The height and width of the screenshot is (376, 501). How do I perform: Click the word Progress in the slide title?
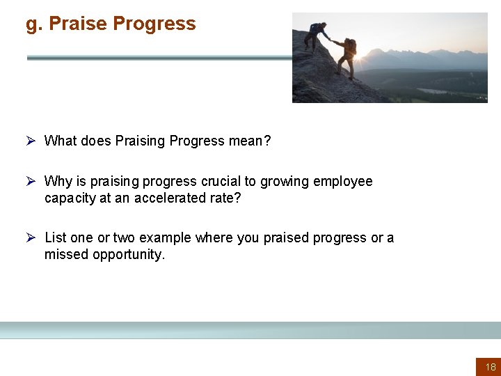[154, 24]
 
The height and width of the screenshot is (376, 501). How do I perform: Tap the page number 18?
[491, 367]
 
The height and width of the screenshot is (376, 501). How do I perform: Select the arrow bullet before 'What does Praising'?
[31, 141]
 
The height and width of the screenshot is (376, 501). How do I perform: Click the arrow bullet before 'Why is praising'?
[31, 181]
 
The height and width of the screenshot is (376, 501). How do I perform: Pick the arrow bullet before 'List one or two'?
[31, 237]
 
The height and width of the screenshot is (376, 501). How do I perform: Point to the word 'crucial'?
[223, 182]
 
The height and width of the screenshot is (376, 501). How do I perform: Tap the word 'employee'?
[343, 182]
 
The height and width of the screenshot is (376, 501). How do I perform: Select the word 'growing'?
[285, 182]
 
